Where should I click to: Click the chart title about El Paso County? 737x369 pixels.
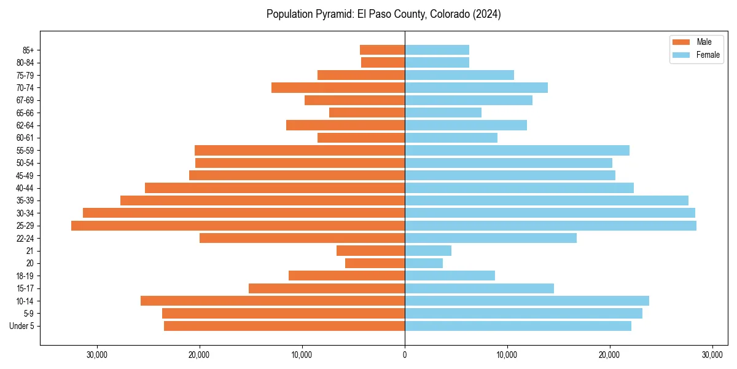coord(383,14)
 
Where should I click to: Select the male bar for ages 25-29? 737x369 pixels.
coord(238,226)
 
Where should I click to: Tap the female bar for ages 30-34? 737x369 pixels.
coord(550,213)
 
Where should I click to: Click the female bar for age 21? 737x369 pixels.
coord(428,251)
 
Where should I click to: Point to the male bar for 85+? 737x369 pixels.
coord(382,50)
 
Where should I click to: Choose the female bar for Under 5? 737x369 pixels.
coord(518,326)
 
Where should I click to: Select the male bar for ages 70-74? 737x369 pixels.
coord(338,88)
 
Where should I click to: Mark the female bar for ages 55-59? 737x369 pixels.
coord(517,151)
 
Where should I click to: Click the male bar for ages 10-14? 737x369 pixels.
coord(273,301)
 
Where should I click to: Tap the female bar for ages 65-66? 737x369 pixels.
coord(443,113)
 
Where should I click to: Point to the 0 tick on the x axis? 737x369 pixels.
coord(405,355)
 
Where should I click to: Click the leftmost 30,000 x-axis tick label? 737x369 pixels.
coord(97,355)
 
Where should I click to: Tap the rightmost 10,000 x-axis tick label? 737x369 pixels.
coord(507,355)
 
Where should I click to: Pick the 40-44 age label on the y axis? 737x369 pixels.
coord(25,188)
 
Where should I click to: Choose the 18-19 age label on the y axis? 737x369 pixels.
coord(25,276)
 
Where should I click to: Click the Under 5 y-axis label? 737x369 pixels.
coord(22,326)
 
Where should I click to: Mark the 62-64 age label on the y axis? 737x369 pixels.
coord(25,125)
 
